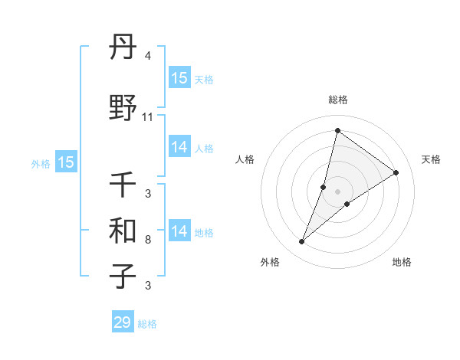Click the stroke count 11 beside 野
click(x=148, y=117)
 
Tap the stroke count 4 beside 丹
click(x=148, y=56)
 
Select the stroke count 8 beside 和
click(x=148, y=240)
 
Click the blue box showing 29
click(x=123, y=322)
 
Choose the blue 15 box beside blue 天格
click(x=179, y=78)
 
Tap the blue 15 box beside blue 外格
click(x=66, y=162)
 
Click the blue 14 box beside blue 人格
click(x=179, y=147)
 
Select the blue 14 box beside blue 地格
click(x=179, y=231)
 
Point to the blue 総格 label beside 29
click(x=147, y=324)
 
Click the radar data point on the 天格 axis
click(x=396, y=172)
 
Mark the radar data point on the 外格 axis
click(x=302, y=242)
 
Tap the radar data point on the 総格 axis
click(x=337, y=129)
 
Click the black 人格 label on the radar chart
click(x=245, y=159)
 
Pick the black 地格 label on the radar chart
click(x=402, y=262)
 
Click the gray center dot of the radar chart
click(x=337, y=191)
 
